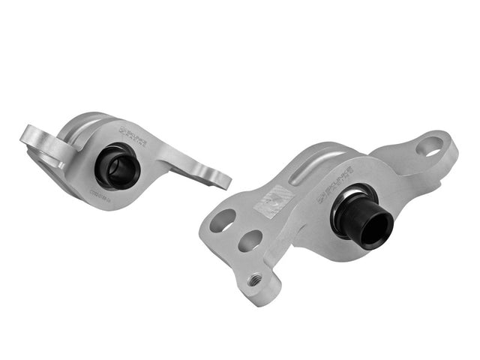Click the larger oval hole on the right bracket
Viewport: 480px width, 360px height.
point(223,220)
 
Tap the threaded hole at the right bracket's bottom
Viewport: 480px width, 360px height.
point(255,280)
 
